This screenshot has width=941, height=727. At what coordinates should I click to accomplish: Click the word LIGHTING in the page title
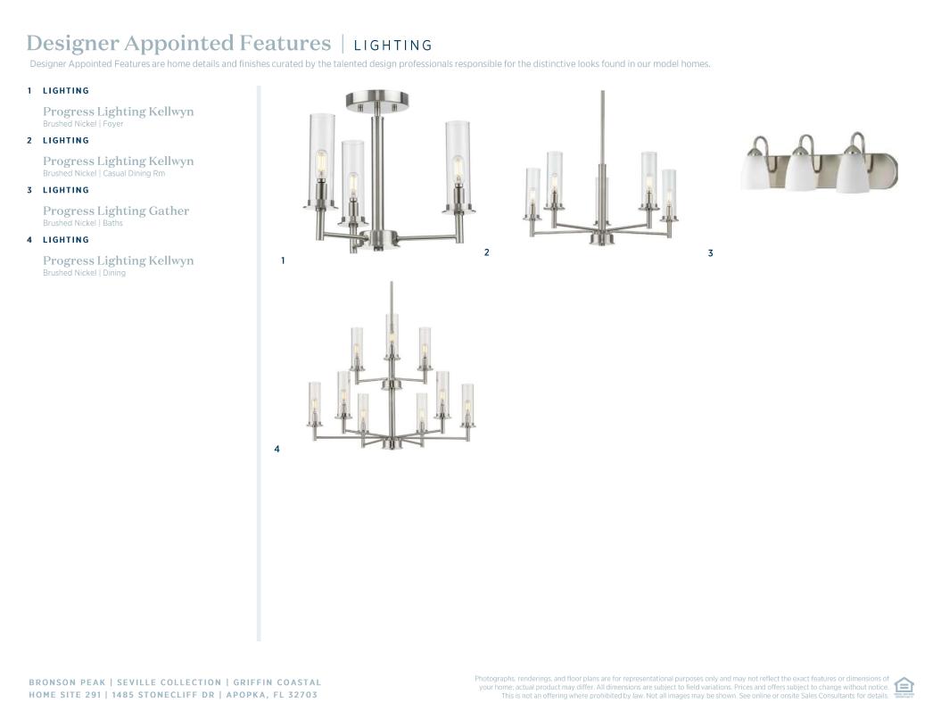pyautogui.click(x=393, y=45)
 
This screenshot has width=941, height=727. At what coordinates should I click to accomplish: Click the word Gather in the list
pyautogui.click(x=169, y=211)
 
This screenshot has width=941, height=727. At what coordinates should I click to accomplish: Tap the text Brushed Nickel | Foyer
pyautogui.click(x=83, y=124)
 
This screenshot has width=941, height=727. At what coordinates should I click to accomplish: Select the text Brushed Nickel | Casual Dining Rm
pyautogui.click(x=103, y=173)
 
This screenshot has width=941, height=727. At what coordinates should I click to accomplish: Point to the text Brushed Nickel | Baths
pyautogui.click(x=83, y=223)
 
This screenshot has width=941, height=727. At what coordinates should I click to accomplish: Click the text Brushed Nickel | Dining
pyautogui.click(x=84, y=273)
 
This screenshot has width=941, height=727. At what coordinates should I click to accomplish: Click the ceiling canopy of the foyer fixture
pyautogui.click(x=377, y=100)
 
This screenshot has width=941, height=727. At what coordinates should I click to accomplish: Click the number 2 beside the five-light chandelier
pyautogui.click(x=487, y=252)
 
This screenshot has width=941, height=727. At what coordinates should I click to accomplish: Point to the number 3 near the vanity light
pyautogui.click(x=711, y=253)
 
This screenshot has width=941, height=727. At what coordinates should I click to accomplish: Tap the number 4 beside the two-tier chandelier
pyautogui.click(x=277, y=449)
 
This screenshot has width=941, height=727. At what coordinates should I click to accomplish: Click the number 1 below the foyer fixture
pyautogui.click(x=283, y=260)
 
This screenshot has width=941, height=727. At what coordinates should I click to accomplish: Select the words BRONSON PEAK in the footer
pyautogui.click(x=67, y=682)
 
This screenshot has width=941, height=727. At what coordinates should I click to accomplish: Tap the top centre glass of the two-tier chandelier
pyautogui.click(x=392, y=334)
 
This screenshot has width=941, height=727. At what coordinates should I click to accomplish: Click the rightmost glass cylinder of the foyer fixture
pyautogui.click(x=458, y=163)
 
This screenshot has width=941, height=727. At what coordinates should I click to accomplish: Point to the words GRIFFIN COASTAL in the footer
pyautogui.click(x=277, y=682)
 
